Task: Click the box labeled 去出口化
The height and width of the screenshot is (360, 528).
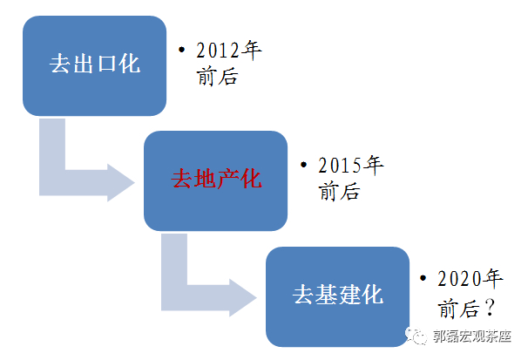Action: coord(94,65)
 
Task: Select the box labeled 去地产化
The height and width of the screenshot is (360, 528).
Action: coord(215,180)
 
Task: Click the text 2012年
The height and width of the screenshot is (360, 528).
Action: coord(229,51)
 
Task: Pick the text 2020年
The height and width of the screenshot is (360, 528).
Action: coord(471,280)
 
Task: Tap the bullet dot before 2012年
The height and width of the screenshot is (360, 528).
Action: coord(181,51)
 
